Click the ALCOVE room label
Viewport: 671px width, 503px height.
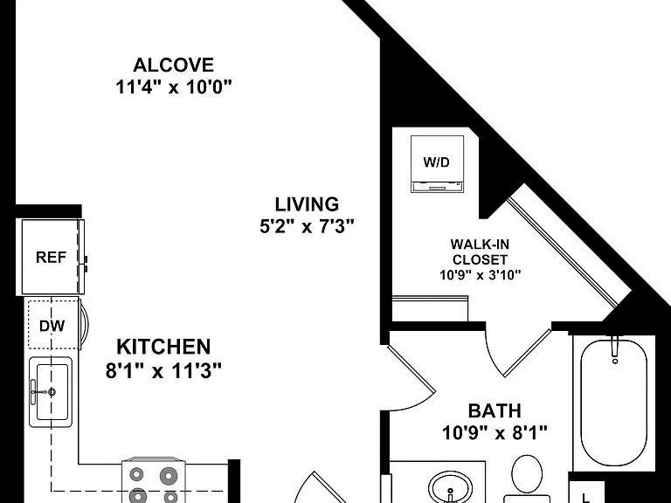[x=173, y=65]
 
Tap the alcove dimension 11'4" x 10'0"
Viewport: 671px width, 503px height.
[x=173, y=87]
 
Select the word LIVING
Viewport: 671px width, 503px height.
[x=307, y=204]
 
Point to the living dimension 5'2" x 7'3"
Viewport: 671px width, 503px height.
[x=307, y=226]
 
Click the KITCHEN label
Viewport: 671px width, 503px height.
[x=163, y=347]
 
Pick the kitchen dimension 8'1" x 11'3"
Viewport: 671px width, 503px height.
[x=163, y=370]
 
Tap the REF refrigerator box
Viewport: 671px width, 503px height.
[x=52, y=257]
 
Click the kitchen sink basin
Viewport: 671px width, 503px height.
[x=52, y=392]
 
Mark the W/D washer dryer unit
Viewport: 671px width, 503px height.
[x=437, y=164]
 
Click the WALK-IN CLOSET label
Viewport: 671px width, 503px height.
[x=481, y=251]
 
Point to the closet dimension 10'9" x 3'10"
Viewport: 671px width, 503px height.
[x=481, y=275]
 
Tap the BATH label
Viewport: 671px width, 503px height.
[x=495, y=411]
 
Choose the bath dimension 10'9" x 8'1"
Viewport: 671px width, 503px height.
[x=495, y=433]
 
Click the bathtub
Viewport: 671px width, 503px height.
[x=613, y=402]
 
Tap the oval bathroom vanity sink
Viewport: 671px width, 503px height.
[x=451, y=487]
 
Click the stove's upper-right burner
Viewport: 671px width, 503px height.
[x=168, y=476]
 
